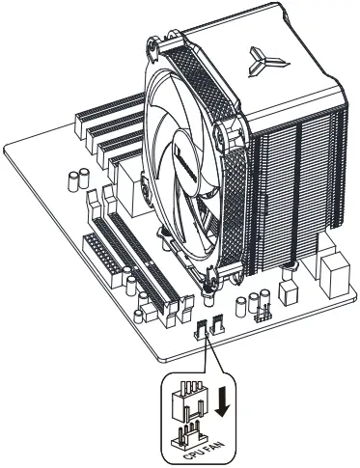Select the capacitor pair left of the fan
point(78,181)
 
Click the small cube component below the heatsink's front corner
point(287,290)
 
